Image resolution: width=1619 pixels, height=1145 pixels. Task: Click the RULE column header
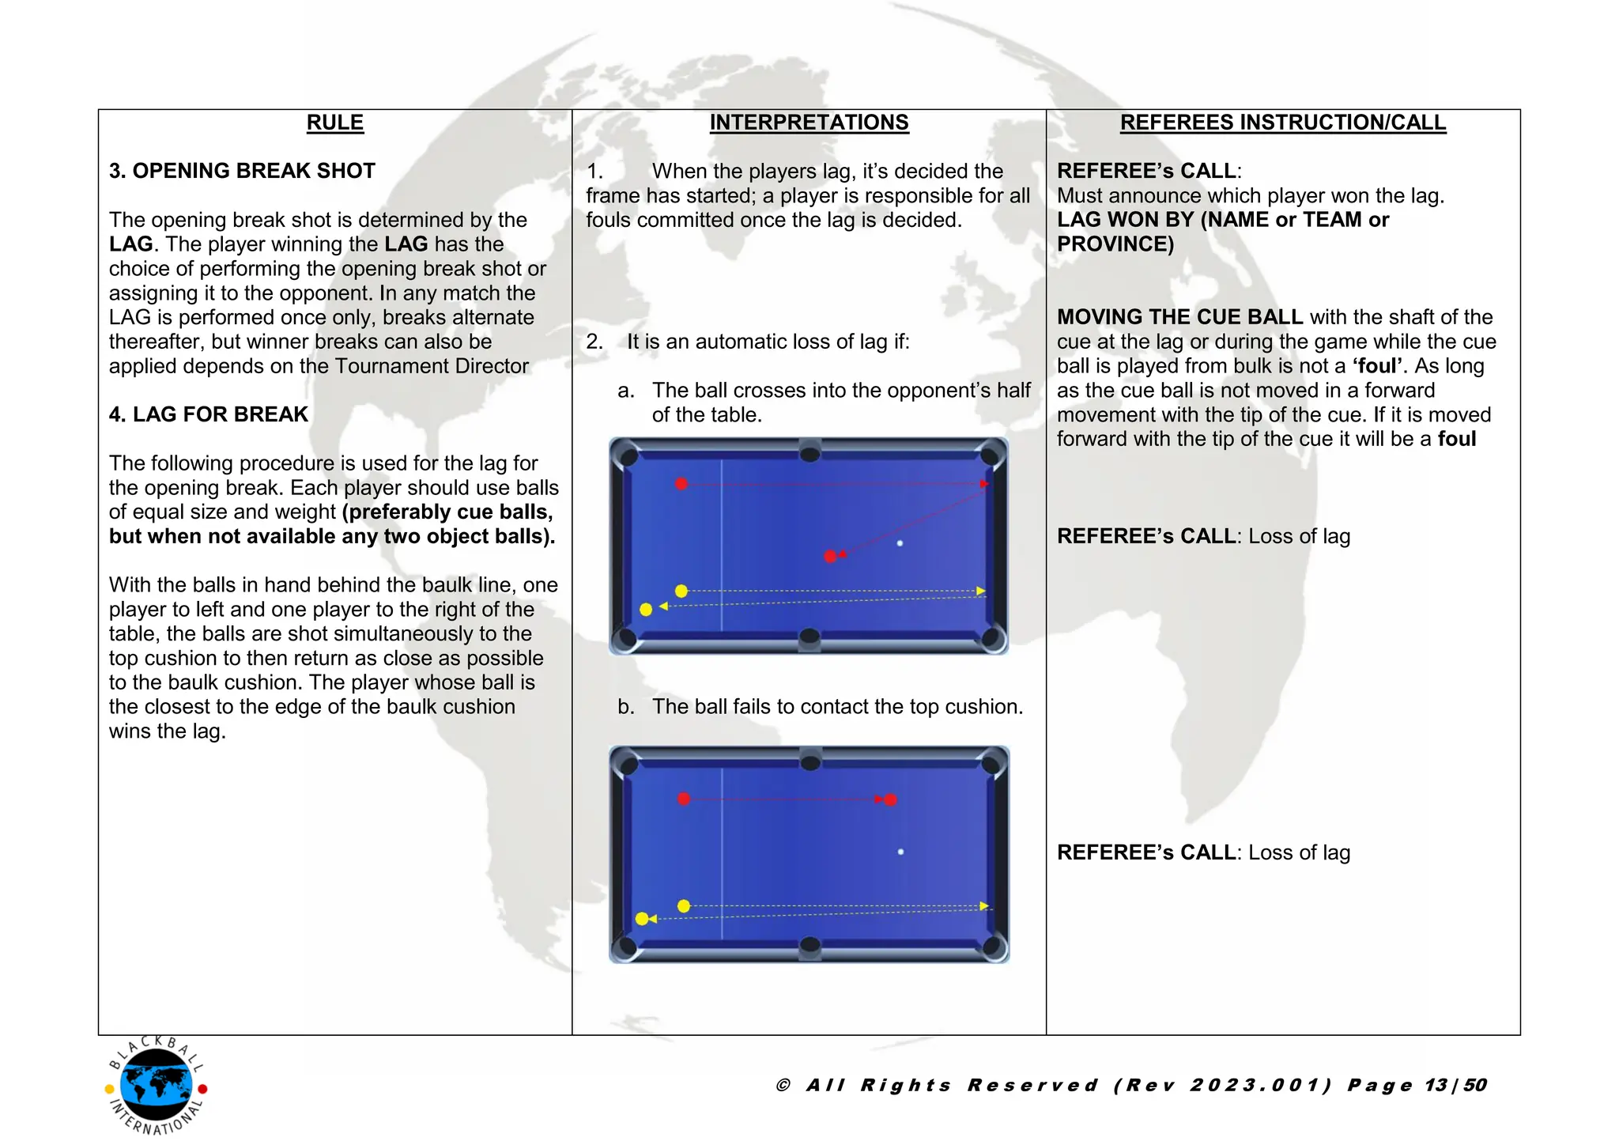point(334,123)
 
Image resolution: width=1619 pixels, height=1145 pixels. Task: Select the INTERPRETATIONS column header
point(809,123)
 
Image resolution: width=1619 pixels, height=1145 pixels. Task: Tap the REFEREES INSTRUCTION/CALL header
point(1282,123)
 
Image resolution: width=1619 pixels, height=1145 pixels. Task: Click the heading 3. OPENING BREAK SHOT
point(242,171)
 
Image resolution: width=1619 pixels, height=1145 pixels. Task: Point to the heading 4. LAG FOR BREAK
point(209,414)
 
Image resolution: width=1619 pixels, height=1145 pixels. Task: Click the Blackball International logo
point(157,1086)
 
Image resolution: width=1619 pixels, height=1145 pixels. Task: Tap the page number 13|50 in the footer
point(1456,1085)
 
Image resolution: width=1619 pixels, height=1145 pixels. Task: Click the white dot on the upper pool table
point(900,543)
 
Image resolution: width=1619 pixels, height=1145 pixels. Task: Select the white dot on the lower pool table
point(900,852)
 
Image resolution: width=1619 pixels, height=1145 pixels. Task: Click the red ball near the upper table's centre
point(830,557)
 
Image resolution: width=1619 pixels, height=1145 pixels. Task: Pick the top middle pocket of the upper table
point(810,453)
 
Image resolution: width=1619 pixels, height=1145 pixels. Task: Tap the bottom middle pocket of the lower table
point(810,945)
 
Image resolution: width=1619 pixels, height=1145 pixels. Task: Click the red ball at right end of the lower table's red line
point(891,800)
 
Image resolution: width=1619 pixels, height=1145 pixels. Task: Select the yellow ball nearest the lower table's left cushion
point(642,919)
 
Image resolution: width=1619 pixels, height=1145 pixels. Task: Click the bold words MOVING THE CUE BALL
point(1179,317)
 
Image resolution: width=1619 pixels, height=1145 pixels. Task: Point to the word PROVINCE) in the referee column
point(1115,244)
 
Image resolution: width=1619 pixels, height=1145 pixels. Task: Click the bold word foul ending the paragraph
point(1456,439)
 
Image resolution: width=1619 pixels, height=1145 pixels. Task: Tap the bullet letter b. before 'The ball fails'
point(625,707)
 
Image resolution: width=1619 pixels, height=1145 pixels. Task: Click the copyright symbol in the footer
point(783,1085)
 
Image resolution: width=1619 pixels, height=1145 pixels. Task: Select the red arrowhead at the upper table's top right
point(984,484)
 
